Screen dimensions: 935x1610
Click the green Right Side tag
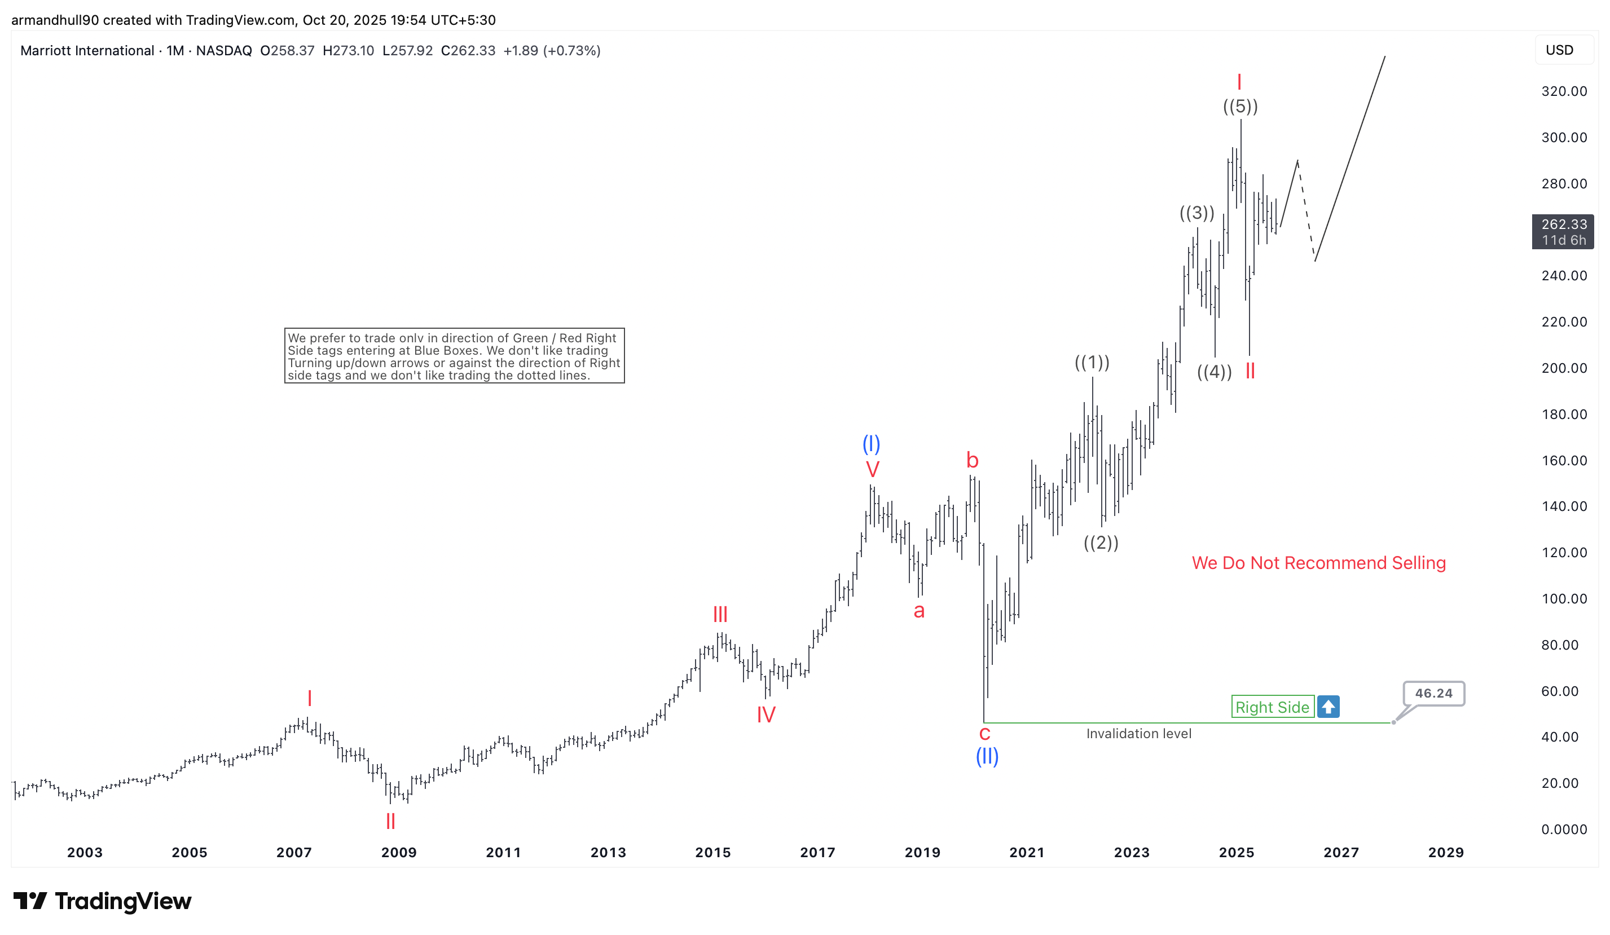click(1272, 707)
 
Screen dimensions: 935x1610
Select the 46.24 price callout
click(1433, 693)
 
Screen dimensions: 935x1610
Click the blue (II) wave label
click(987, 756)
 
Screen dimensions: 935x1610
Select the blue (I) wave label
click(871, 443)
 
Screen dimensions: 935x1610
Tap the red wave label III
click(720, 614)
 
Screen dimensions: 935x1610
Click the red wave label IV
click(766, 714)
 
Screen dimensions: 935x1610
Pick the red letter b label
click(972, 460)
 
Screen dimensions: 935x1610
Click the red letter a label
click(919, 611)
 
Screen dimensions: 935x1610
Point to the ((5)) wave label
click(1240, 106)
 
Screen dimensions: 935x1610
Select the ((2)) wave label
click(1101, 543)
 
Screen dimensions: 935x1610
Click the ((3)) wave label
click(1196, 213)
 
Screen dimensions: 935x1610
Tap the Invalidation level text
click(1138, 733)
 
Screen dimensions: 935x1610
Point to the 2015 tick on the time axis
click(712, 852)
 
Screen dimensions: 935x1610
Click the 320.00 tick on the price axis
click(1563, 91)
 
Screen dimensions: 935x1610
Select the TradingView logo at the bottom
click(102, 901)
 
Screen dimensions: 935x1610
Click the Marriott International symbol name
click(87, 50)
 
